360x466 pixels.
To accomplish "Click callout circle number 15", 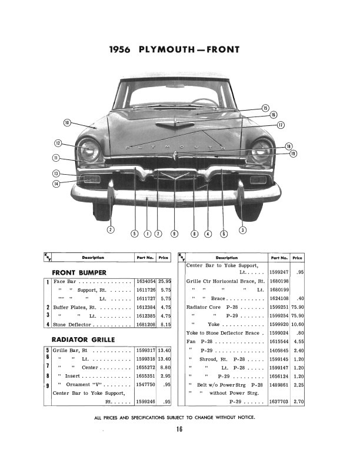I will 265,108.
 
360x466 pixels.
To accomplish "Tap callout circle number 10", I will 67,122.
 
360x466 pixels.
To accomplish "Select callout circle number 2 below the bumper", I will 110,229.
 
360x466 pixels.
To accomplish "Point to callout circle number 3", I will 242,229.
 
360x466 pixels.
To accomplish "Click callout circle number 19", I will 293,154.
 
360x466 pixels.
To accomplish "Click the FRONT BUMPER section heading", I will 79,272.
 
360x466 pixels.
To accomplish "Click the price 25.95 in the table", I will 164,282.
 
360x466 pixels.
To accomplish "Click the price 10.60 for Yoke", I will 298,324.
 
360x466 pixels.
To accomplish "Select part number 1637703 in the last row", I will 279,402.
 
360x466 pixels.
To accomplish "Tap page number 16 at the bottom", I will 179,429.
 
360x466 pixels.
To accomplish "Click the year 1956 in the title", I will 121,49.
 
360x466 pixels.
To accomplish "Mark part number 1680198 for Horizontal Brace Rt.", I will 279,282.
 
